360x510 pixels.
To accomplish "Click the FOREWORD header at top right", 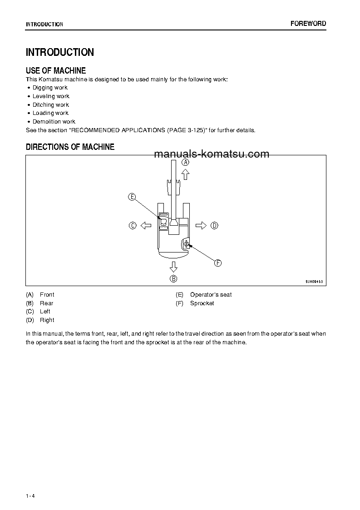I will [x=308, y=24].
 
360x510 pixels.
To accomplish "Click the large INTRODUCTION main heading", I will [x=60, y=52].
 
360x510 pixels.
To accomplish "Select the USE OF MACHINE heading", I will [x=56, y=70].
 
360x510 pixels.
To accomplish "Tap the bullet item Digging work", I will [x=50, y=88].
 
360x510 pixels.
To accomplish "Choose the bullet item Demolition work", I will [x=54, y=122].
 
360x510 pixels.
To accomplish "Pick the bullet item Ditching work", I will [x=50, y=105].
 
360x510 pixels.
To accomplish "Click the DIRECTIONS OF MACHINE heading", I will [x=70, y=147].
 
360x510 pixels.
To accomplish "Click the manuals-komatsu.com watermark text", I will [x=212, y=154].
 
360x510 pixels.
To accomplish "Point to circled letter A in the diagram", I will [x=185, y=162].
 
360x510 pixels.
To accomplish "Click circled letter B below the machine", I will [x=173, y=278].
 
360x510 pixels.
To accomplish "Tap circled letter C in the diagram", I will [x=133, y=225].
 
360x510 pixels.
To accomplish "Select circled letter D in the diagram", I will [x=214, y=225].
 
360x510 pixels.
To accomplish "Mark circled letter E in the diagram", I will [x=132, y=197].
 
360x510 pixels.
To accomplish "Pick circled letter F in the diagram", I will [x=217, y=263].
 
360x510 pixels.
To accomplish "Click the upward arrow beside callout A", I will [x=185, y=174].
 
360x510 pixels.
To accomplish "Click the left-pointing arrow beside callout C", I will [x=145, y=225].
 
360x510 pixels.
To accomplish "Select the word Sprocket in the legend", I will [x=202, y=303].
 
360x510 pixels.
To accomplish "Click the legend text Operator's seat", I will [x=211, y=295].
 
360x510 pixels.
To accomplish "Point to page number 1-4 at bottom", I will [x=30, y=495].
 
